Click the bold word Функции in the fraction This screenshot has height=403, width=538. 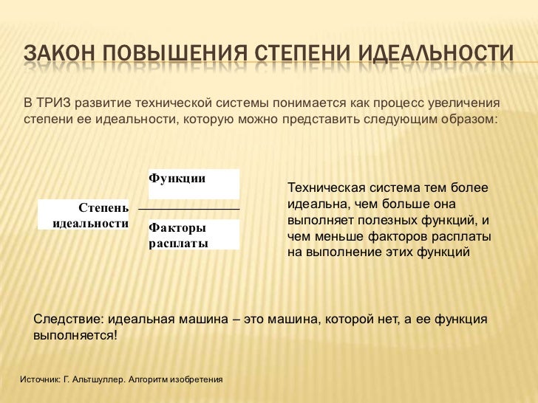click(177, 178)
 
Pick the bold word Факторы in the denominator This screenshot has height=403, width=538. click(177, 229)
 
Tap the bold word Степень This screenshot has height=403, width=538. click(103, 209)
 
